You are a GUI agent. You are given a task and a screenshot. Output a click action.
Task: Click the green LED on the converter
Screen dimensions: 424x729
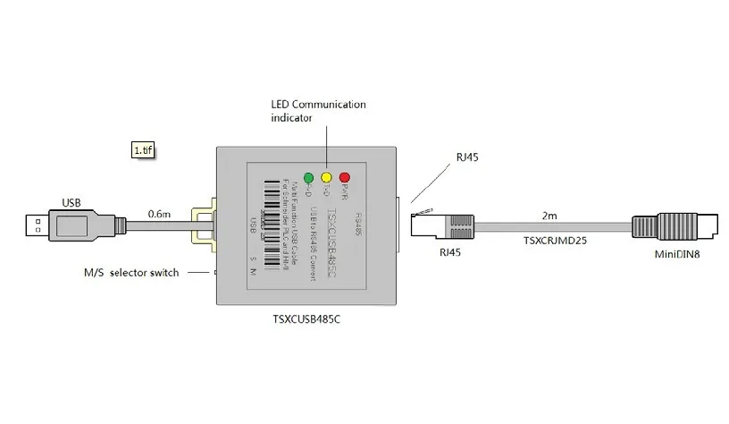[309, 177]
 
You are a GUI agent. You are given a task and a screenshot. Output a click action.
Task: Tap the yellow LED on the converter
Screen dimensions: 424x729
[326, 177]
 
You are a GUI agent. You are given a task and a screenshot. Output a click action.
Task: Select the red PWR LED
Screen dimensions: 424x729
[344, 177]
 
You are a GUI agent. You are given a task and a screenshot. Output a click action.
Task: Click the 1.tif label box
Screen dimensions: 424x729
[143, 150]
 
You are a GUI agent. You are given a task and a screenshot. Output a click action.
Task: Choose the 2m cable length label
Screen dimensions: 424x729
[550, 216]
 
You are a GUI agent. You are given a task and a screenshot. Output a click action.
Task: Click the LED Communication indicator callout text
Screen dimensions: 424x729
[318, 111]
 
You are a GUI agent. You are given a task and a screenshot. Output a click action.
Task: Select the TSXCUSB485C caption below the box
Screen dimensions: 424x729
[305, 318]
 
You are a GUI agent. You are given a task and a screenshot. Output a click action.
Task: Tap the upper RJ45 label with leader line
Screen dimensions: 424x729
[467, 157]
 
